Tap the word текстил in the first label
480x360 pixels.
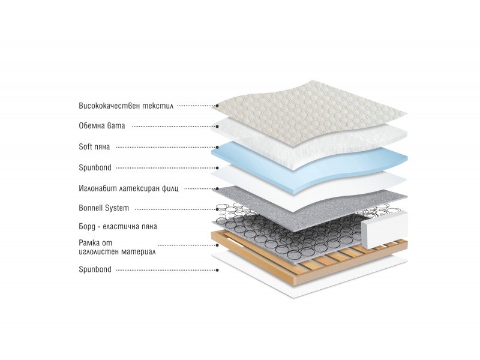click(158, 106)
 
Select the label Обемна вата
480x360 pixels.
click(102, 126)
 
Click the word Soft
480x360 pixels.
click(85, 146)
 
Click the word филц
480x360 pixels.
click(170, 188)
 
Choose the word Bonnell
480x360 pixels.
click(91, 208)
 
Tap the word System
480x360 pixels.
click(117, 208)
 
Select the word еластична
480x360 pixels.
click(118, 227)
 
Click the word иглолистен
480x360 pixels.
click(98, 252)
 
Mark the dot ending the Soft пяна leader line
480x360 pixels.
click(217, 147)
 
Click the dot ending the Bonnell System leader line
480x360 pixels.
click(217, 209)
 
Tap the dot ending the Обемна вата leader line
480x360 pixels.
click(217, 127)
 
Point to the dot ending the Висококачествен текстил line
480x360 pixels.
click(217, 106)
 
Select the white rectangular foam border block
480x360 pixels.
click(385, 230)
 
